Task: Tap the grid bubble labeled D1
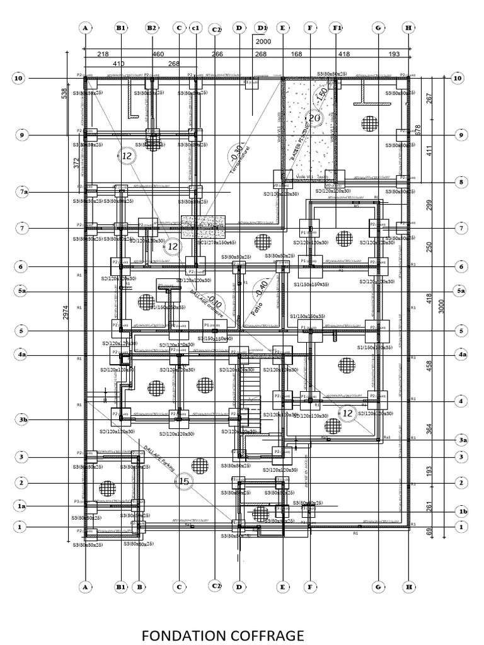[x=262, y=28]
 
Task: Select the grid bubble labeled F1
[x=338, y=28]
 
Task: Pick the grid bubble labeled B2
[x=152, y=28]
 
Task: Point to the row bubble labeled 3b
[x=23, y=420]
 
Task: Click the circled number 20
[x=313, y=118]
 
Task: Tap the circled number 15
[x=184, y=482]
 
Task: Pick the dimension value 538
[x=64, y=93]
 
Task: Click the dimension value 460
[x=158, y=55]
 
